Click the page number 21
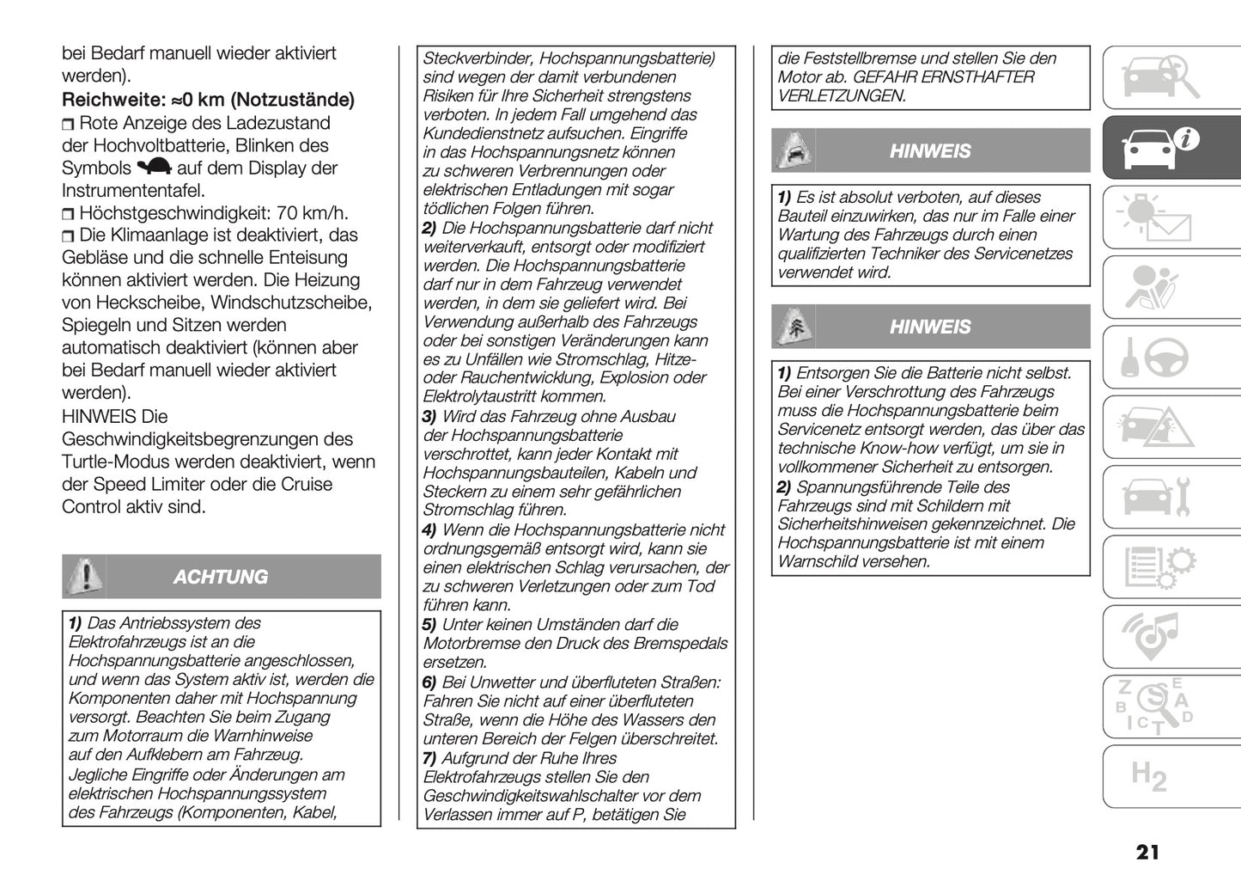click(1147, 852)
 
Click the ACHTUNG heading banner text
click(221, 577)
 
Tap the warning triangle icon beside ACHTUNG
click(84, 576)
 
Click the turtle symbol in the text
click(155, 168)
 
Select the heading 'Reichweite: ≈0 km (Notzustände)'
click(208, 100)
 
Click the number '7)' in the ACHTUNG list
click(429, 758)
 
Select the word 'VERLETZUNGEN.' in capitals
click(841, 96)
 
